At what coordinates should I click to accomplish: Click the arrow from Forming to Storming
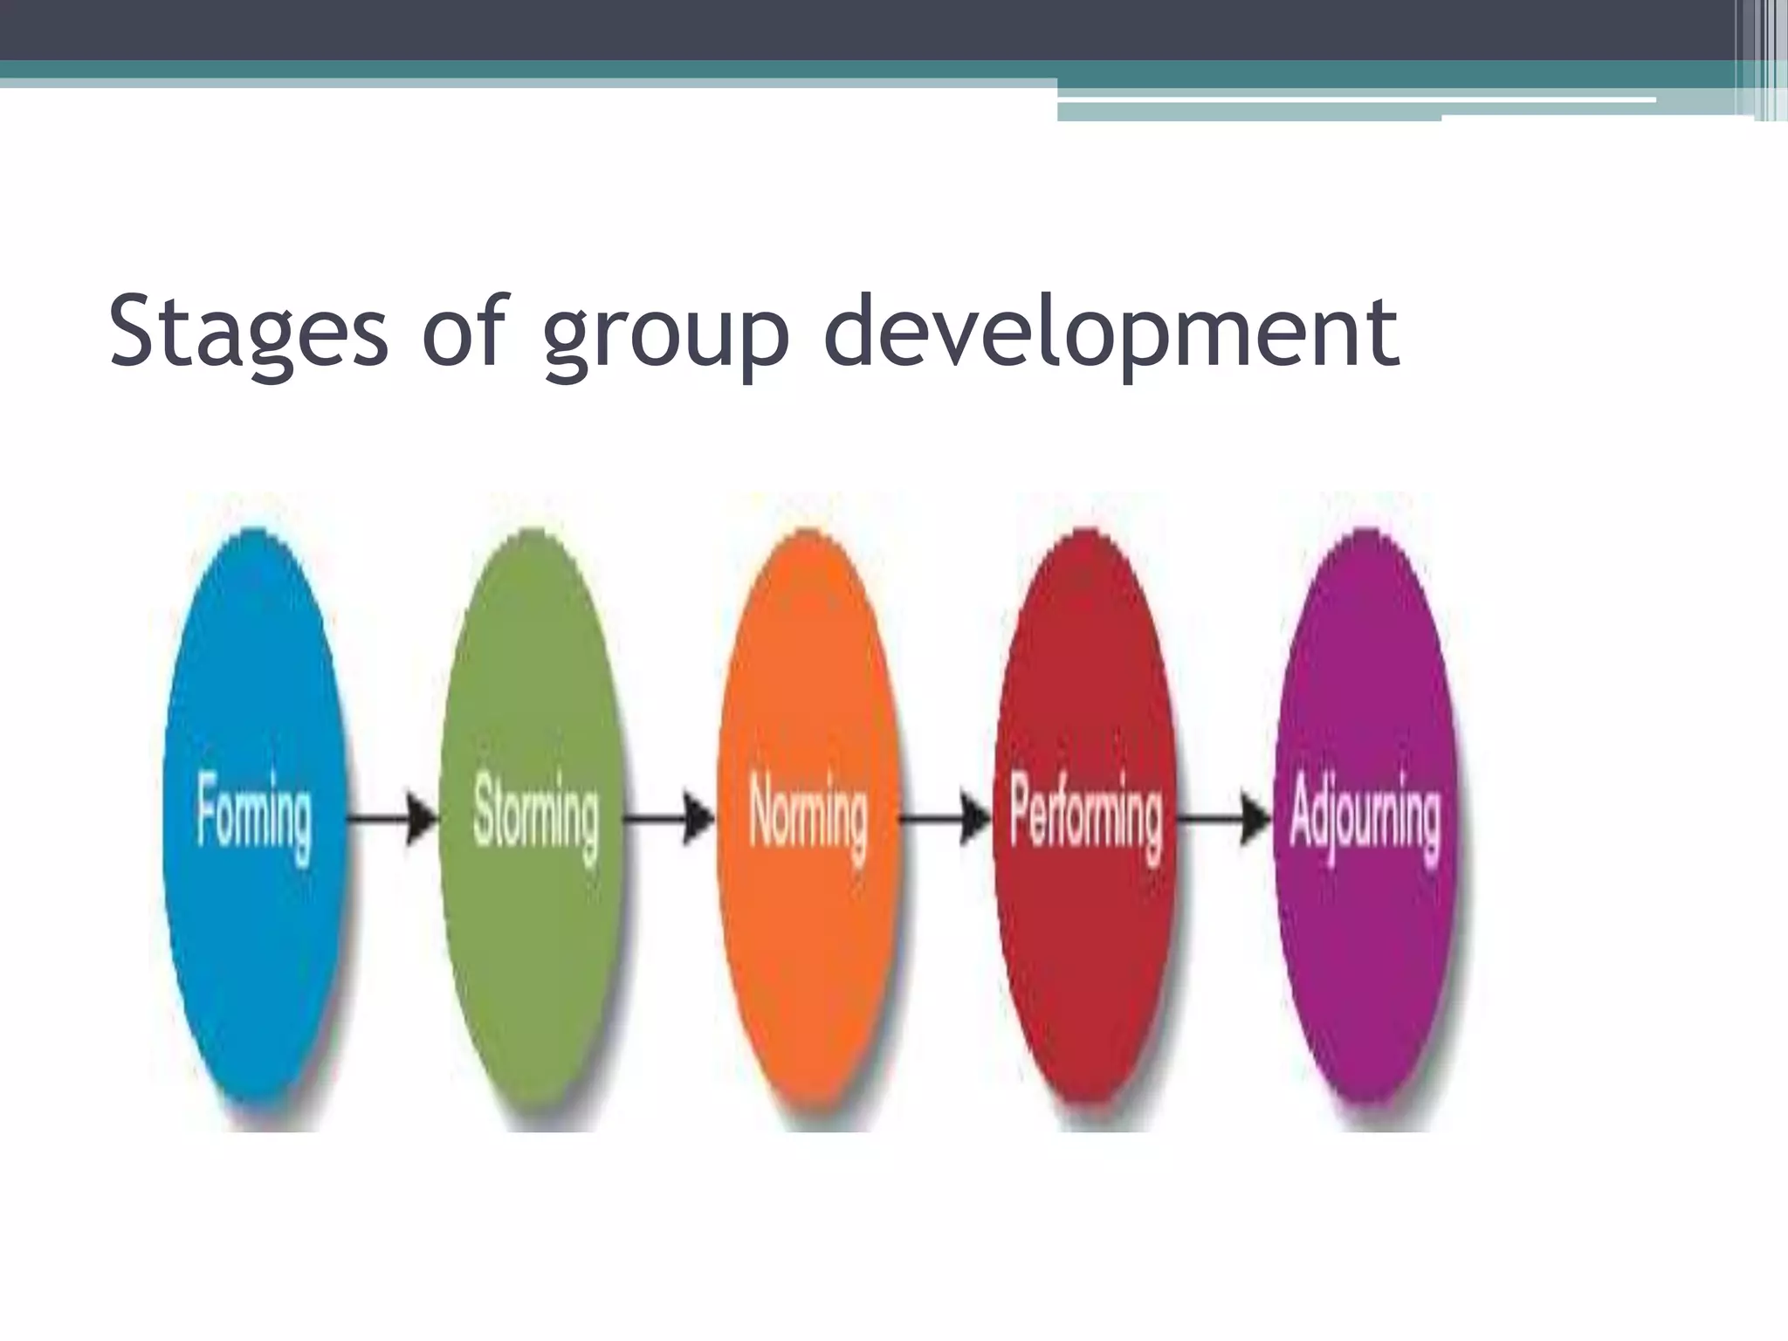[393, 819]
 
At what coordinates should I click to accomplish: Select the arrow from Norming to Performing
[946, 819]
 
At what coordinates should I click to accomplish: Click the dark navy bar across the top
[786, 29]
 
